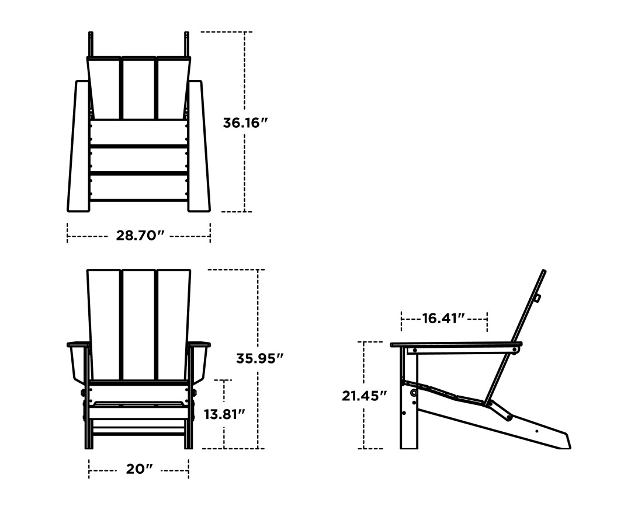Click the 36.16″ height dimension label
(245, 123)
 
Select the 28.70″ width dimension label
(138, 236)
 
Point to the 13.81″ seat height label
(224, 414)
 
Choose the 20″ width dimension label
(138, 469)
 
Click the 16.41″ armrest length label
(443, 318)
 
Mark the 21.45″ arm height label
(365, 396)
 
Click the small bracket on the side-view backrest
(538, 298)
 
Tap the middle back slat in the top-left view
(138, 88)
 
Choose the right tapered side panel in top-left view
(197, 146)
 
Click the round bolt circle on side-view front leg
(414, 394)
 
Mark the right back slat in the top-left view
(172, 88)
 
